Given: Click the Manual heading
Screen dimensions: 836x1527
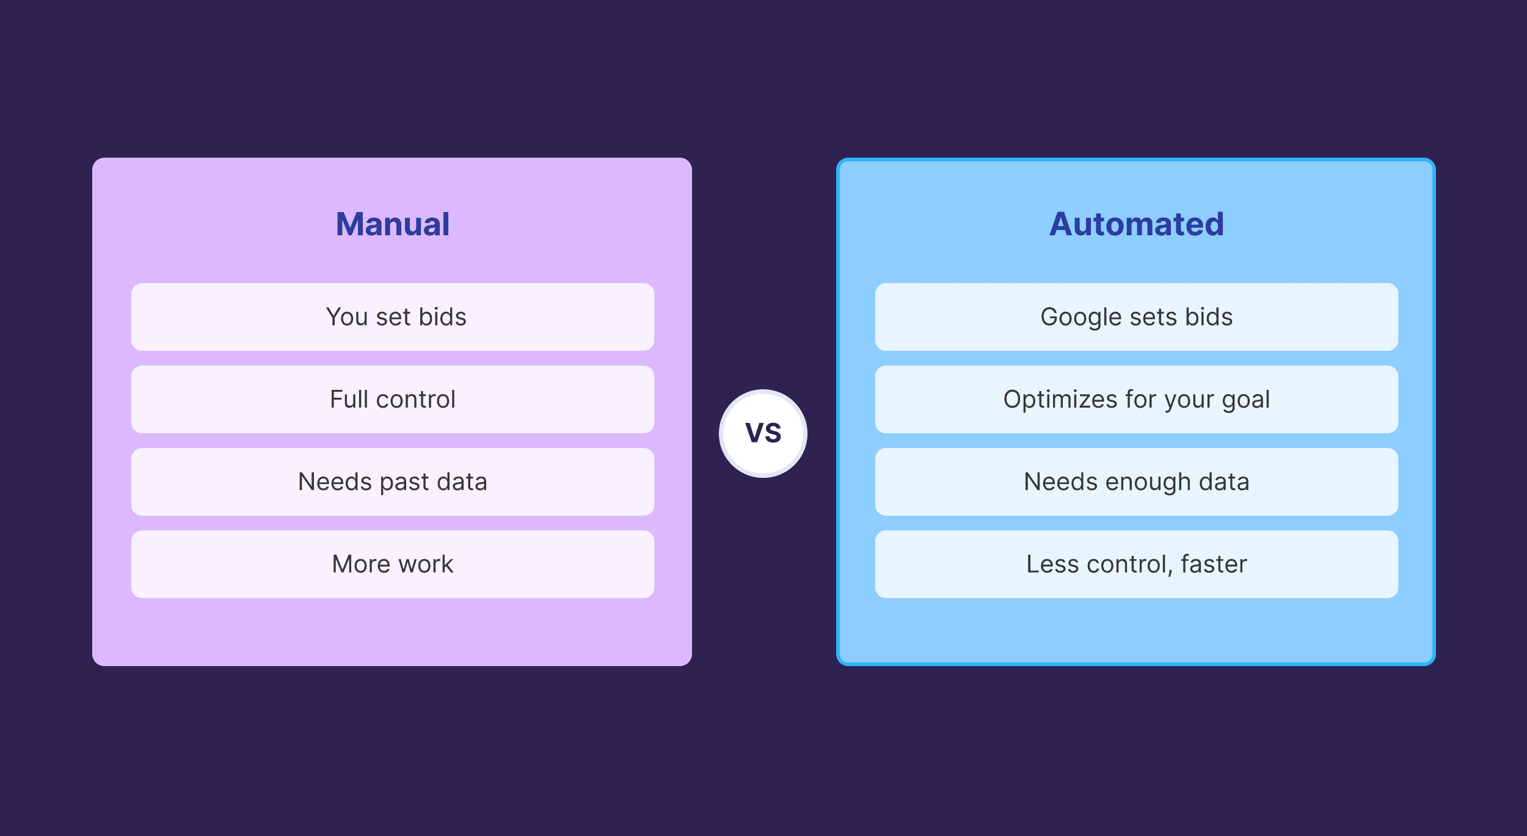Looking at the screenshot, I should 393,224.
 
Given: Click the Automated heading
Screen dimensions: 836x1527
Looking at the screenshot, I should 1136,224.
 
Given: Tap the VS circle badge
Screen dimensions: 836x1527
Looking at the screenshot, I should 763,433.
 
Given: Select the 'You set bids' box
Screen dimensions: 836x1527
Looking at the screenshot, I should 393,317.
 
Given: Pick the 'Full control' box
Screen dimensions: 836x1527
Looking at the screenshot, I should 393,399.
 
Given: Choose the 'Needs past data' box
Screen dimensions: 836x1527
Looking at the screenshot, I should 393,482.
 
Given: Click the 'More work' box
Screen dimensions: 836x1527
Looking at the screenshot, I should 393,564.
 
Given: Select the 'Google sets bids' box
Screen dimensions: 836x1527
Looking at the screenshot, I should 1136,317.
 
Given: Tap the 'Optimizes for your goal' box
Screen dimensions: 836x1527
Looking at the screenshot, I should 1136,399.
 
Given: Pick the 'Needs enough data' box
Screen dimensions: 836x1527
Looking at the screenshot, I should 1136,482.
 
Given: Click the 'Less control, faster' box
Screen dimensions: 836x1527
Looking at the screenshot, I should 1136,564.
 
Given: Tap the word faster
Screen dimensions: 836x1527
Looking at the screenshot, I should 1214,564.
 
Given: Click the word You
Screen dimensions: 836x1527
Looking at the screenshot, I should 346,317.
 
